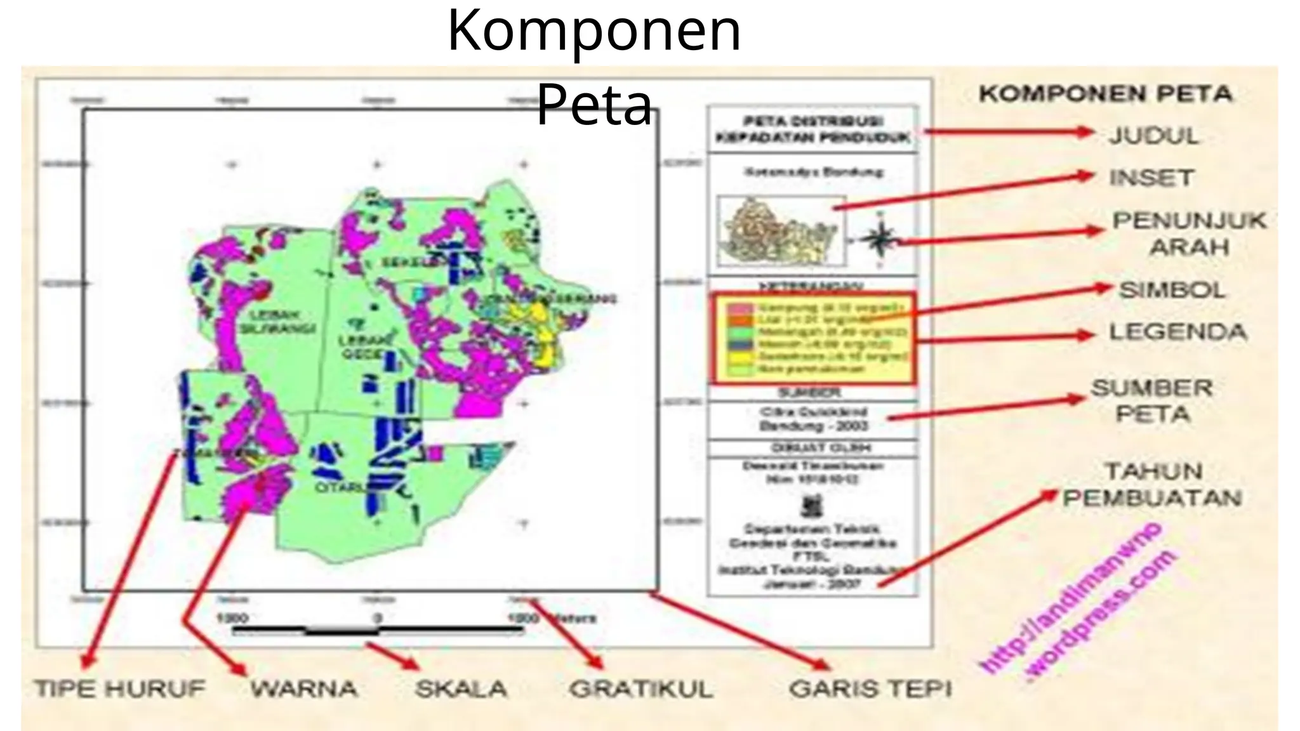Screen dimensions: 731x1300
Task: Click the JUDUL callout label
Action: (1154, 136)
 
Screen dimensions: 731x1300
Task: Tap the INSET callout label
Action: (1151, 178)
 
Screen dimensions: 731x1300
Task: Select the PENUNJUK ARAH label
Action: (1189, 234)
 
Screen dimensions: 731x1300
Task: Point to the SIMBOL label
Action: (1172, 291)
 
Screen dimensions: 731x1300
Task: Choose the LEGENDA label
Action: (1177, 333)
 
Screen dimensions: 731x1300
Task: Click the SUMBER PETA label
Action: (1152, 401)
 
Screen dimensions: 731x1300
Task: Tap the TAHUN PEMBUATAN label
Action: (1153, 485)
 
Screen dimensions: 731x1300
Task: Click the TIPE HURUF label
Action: (120, 689)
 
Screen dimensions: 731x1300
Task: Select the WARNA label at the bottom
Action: (304, 689)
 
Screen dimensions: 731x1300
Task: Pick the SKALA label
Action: (461, 689)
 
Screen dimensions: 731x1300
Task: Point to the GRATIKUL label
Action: (641, 689)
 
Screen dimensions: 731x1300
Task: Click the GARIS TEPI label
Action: (870, 689)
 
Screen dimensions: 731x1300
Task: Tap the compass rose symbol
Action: (880, 239)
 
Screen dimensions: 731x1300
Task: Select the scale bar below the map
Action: (378, 630)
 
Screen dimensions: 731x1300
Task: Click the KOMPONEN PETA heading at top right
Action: (1105, 95)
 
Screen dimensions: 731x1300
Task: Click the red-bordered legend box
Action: (814, 338)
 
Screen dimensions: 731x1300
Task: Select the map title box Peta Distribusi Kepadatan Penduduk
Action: (812, 129)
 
